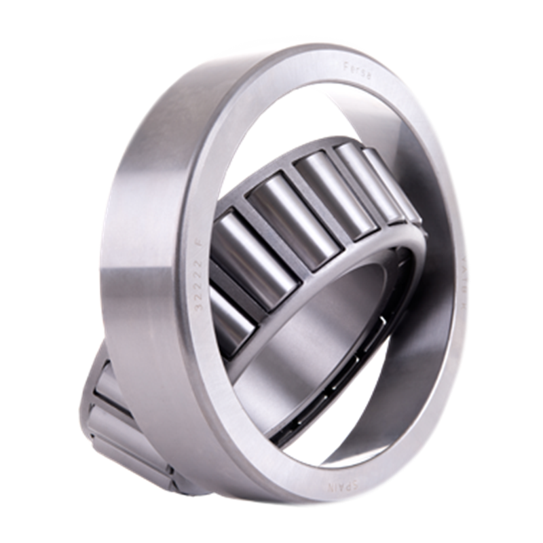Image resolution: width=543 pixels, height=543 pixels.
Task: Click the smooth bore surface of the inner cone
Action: pyautogui.click(x=319, y=339)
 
